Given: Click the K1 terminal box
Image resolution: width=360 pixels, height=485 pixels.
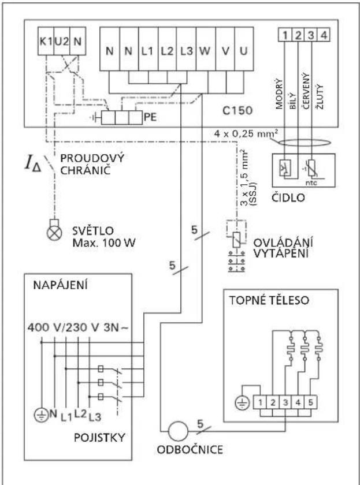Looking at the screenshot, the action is pos(46,41).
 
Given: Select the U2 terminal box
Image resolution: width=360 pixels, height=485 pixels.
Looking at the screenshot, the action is pos(62,41).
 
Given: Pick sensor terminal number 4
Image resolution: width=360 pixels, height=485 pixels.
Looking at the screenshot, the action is pos(324,35).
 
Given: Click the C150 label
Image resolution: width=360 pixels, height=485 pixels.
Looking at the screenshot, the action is pos(237,110).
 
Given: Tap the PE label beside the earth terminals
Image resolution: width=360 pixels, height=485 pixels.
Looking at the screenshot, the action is pos(150,117).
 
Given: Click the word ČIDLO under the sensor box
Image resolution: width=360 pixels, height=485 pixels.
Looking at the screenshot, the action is pos(288,197).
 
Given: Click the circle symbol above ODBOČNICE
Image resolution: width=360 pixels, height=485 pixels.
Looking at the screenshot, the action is pos(178,431).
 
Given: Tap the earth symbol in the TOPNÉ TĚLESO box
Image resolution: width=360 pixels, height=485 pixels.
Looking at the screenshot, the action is pos(242,404).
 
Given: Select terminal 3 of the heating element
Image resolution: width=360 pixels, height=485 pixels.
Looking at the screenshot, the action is pos(285,403).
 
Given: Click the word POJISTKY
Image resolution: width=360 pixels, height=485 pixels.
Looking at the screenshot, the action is pos(99,438).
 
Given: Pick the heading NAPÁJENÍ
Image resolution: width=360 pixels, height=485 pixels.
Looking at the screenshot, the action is pos(60,285).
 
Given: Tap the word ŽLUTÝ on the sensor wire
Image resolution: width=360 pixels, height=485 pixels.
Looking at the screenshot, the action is pos(320,96).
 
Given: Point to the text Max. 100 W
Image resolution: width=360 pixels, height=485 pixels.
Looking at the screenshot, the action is pos(104,242).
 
